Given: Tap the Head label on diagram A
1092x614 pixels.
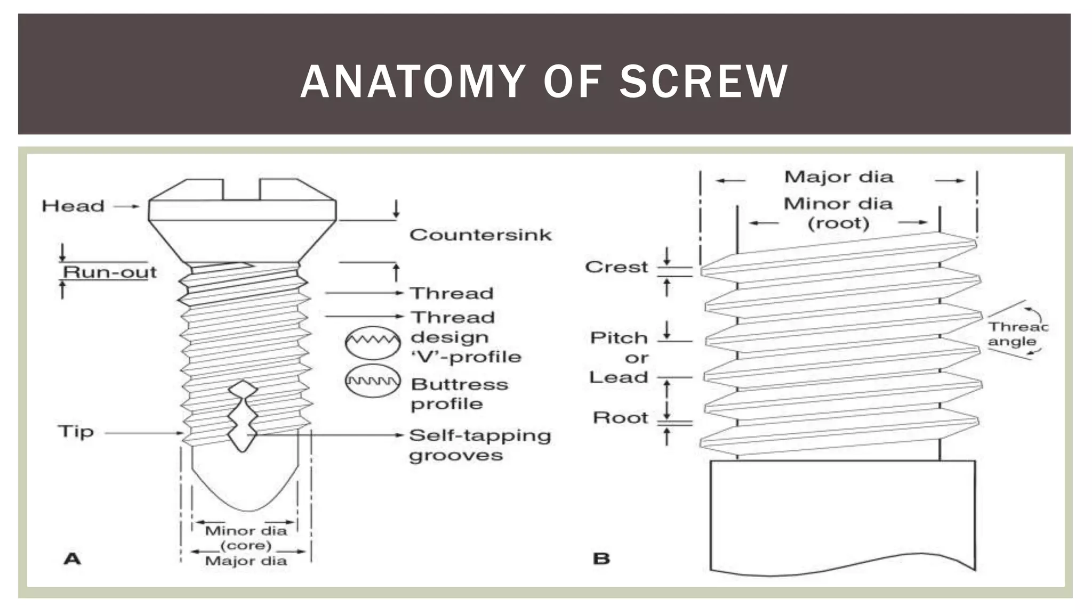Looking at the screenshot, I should tap(73, 206).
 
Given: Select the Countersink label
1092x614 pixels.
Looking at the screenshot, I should tap(480, 235).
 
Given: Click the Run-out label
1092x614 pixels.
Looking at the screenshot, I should tap(110, 272).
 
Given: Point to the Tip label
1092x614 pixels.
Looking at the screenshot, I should tap(76, 431).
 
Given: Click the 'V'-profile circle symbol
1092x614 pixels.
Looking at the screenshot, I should tap(373, 342).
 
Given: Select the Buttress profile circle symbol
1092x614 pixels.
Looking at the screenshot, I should tap(373, 381).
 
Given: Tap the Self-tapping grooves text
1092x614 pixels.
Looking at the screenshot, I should tap(479, 445).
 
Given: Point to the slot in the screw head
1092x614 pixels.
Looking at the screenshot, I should tap(241, 190).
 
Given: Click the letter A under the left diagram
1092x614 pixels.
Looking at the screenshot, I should tap(73, 559).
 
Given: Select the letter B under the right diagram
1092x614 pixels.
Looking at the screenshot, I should tap(601, 559).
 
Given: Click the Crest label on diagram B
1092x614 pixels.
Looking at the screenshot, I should tap(616, 267).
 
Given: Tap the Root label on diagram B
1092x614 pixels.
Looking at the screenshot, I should tap(620, 418).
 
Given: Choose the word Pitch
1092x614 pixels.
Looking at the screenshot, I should tap(619, 338).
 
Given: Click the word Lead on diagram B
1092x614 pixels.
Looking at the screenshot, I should tap(619, 377).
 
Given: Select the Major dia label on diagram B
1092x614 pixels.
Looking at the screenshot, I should tap(838, 177).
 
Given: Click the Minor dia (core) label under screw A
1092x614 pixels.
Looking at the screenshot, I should tap(246, 538).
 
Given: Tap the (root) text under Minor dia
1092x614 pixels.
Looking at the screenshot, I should tap(838, 223).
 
